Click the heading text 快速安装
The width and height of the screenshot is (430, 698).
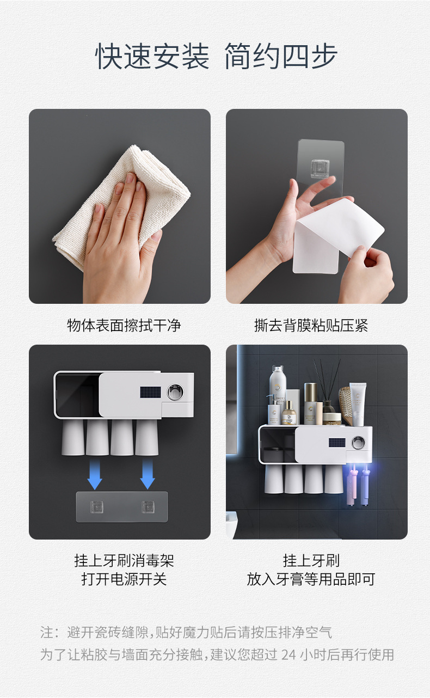(x=152, y=57)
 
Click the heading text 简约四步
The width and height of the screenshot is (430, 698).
(x=281, y=57)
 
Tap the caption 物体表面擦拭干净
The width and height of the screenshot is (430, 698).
(x=124, y=326)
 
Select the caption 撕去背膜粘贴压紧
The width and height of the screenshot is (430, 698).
(x=311, y=326)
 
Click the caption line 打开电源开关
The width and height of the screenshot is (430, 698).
(x=124, y=579)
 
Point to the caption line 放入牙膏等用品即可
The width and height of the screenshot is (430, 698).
(x=311, y=579)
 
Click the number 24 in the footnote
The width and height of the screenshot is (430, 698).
(x=288, y=654)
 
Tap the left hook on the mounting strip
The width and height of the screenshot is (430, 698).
(x=97, y=507)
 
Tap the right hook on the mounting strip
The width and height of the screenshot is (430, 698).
(x=148, y=507)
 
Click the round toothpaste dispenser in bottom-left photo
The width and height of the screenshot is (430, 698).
(x=175, y=392)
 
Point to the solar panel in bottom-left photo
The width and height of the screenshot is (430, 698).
(x=150, y=393)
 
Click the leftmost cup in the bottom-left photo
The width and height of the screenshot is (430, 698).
(x=73, y=437)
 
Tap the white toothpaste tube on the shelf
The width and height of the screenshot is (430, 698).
(x=358, y=403)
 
